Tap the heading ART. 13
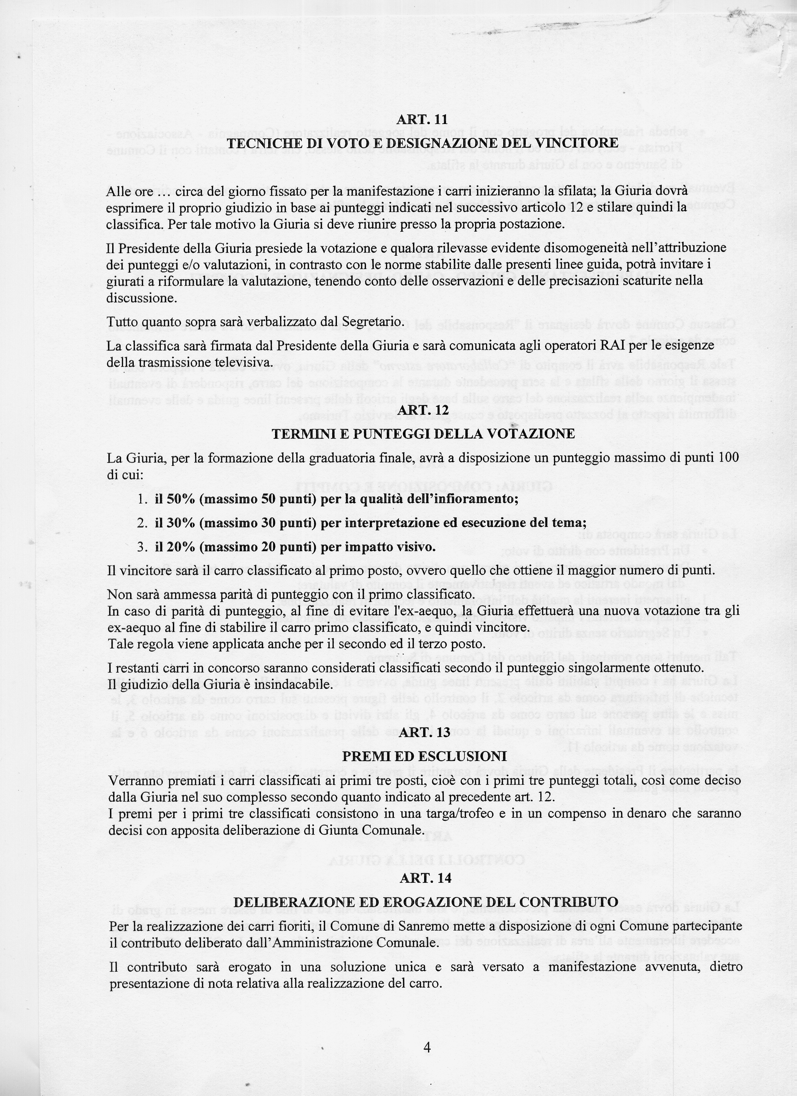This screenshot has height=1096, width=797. point(425,732)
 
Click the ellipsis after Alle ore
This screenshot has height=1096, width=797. point(164,192)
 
